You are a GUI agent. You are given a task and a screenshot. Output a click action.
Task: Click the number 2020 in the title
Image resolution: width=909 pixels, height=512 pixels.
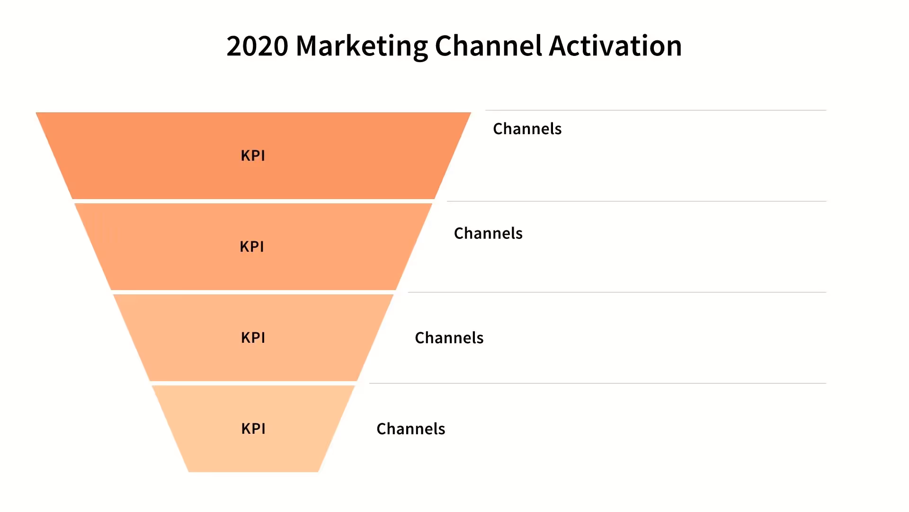(x=257, y=46)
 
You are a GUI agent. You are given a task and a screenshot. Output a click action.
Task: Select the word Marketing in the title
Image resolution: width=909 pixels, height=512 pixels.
(x=362, y=46)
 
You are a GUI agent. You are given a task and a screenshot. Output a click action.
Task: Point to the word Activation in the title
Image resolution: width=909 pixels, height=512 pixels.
(x=615, y=46)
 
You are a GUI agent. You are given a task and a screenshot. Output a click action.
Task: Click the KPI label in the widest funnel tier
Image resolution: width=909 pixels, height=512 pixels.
(x=253, y=155)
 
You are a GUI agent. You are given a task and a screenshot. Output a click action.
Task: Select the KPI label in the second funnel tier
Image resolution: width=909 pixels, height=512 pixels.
(x=252, y=247)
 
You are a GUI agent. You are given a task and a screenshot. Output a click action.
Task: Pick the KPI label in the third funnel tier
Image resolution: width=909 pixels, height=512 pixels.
(x=253, y=338)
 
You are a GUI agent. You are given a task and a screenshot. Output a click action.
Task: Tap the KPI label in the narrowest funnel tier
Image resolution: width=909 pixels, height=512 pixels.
(x=253, y=429)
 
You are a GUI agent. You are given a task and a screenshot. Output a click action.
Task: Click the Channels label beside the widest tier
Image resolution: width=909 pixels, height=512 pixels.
(x=527, y=129)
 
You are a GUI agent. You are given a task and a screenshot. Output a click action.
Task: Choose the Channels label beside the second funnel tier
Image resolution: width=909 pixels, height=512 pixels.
(x=488, y=233)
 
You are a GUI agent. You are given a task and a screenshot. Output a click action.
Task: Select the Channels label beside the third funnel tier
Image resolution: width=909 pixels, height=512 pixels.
(x=449, y=338)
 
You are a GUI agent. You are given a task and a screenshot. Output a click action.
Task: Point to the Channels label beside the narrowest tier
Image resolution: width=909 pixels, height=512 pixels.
(x=410, y=429)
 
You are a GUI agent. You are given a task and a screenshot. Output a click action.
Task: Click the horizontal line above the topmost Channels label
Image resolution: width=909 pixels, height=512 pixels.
(x=656, y=110)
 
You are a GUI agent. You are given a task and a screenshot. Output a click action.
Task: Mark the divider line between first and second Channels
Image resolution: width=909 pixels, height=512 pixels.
(x=636, y=201)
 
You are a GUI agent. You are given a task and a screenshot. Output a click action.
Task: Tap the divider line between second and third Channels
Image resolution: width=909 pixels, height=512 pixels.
(x=617, y=293)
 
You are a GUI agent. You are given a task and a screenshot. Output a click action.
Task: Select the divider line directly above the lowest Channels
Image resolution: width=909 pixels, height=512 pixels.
(x=597, y=384)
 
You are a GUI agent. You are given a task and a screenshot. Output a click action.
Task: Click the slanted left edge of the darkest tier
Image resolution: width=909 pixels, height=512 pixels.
(x=54, y=155)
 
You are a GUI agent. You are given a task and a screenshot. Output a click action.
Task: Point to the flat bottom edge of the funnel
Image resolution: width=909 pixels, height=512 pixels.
(x=253, y=472)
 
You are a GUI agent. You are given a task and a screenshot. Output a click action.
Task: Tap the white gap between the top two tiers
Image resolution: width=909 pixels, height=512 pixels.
(x=253, y=201)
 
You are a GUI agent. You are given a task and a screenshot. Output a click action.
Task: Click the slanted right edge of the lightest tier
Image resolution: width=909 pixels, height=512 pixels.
(x=337, y=429)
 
